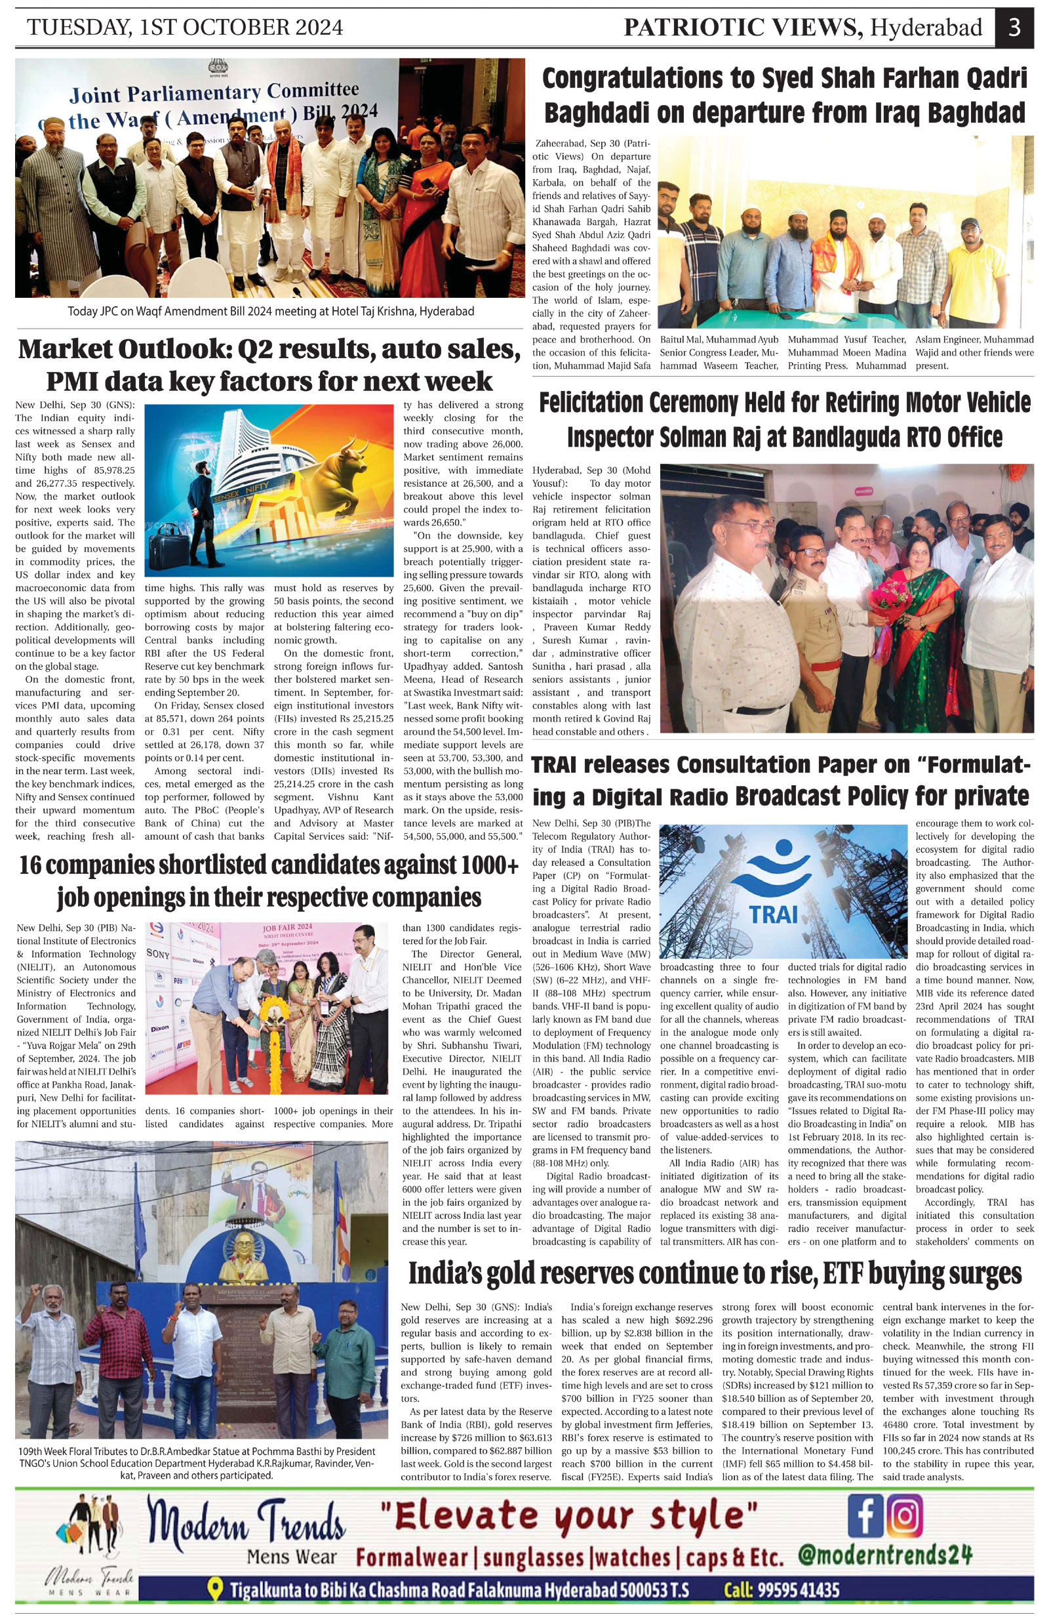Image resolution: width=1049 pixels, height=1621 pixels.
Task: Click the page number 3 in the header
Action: point(1014,28)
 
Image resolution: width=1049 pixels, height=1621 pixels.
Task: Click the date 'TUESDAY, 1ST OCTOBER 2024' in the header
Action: point(184,28)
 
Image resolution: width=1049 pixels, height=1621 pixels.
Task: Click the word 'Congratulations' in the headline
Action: point(633,79)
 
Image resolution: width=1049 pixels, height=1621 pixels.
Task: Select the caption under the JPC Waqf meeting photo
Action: point(270,312)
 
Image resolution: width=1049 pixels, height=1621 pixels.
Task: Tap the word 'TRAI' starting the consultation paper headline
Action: point(561,765)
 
